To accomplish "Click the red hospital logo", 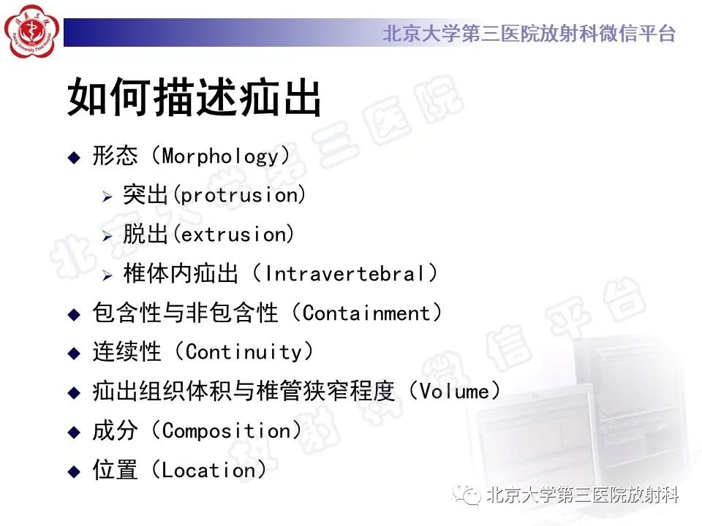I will point(31,33).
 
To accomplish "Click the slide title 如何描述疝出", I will point(195,98).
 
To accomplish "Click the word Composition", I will point(226,432).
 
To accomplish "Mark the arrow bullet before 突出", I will point(107,197).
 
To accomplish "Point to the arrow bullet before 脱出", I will point(107,236).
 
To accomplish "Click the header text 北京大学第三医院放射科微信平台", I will point(529,34).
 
